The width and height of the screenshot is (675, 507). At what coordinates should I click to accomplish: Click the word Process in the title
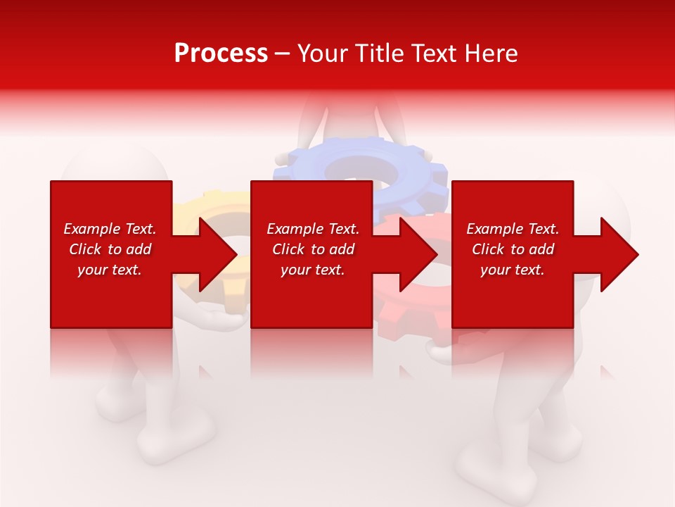tap(221, 54)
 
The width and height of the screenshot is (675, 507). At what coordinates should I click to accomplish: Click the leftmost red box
tap(111, 296)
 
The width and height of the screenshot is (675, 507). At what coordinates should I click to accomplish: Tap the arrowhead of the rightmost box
tap(618, 254)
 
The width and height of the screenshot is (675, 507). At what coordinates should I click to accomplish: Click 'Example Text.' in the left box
tap(110, 229)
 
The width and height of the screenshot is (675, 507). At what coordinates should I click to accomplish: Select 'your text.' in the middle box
tap(312, 270)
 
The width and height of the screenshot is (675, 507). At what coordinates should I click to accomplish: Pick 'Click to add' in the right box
tap(513, 249)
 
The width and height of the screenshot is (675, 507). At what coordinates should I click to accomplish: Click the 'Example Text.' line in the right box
tap(513, 229)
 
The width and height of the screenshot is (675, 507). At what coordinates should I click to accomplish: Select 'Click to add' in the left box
tap(110, 249)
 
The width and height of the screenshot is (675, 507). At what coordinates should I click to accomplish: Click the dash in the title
tap(282, 54)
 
